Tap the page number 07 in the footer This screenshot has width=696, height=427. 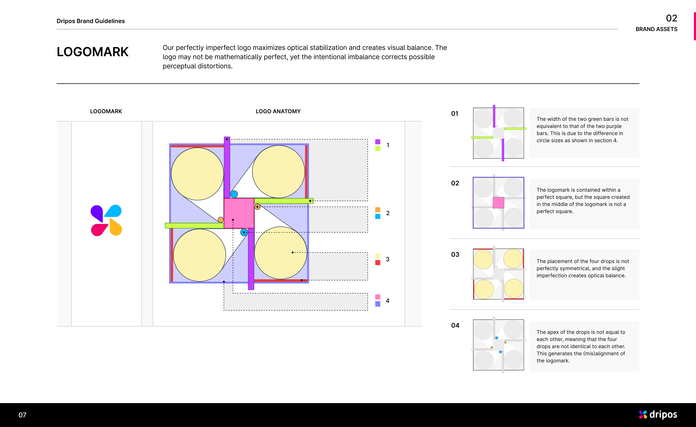[22, 415]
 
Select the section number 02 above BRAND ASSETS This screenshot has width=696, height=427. [671, 18]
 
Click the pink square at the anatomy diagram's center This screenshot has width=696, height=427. [239, 213]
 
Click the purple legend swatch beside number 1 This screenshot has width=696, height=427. [378, 142]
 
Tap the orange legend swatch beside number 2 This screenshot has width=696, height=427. [378, 210]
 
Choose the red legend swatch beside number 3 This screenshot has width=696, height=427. [378, 263]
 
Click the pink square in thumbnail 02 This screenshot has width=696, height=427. [498, 203]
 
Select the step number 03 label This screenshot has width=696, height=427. [455, 254]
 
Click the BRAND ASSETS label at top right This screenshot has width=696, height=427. [656, 29]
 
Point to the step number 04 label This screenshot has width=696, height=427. [455, 325]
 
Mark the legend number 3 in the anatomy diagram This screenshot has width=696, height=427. [388, 259]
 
